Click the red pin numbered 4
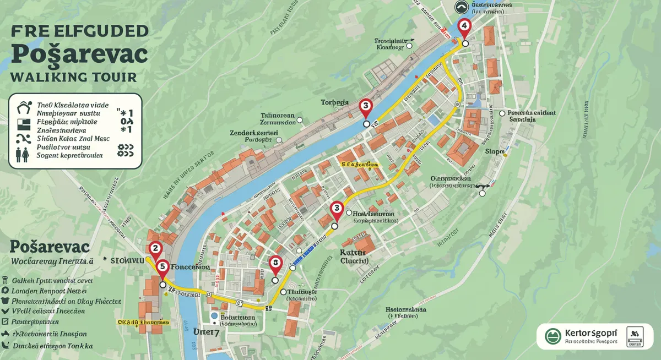(464, 25)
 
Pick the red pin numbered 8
(275, 264)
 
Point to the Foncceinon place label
(191, 266)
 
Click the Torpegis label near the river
(335, 102)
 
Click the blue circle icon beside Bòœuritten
(214, 317)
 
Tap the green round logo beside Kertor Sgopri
(552, 336)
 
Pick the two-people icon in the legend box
(23, 154)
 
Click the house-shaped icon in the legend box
(23, 107)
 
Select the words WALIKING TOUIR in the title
(73, 77)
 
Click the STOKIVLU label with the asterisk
(124, 259)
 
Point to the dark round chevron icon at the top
(462, 7)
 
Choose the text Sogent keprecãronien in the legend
(69, 156)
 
